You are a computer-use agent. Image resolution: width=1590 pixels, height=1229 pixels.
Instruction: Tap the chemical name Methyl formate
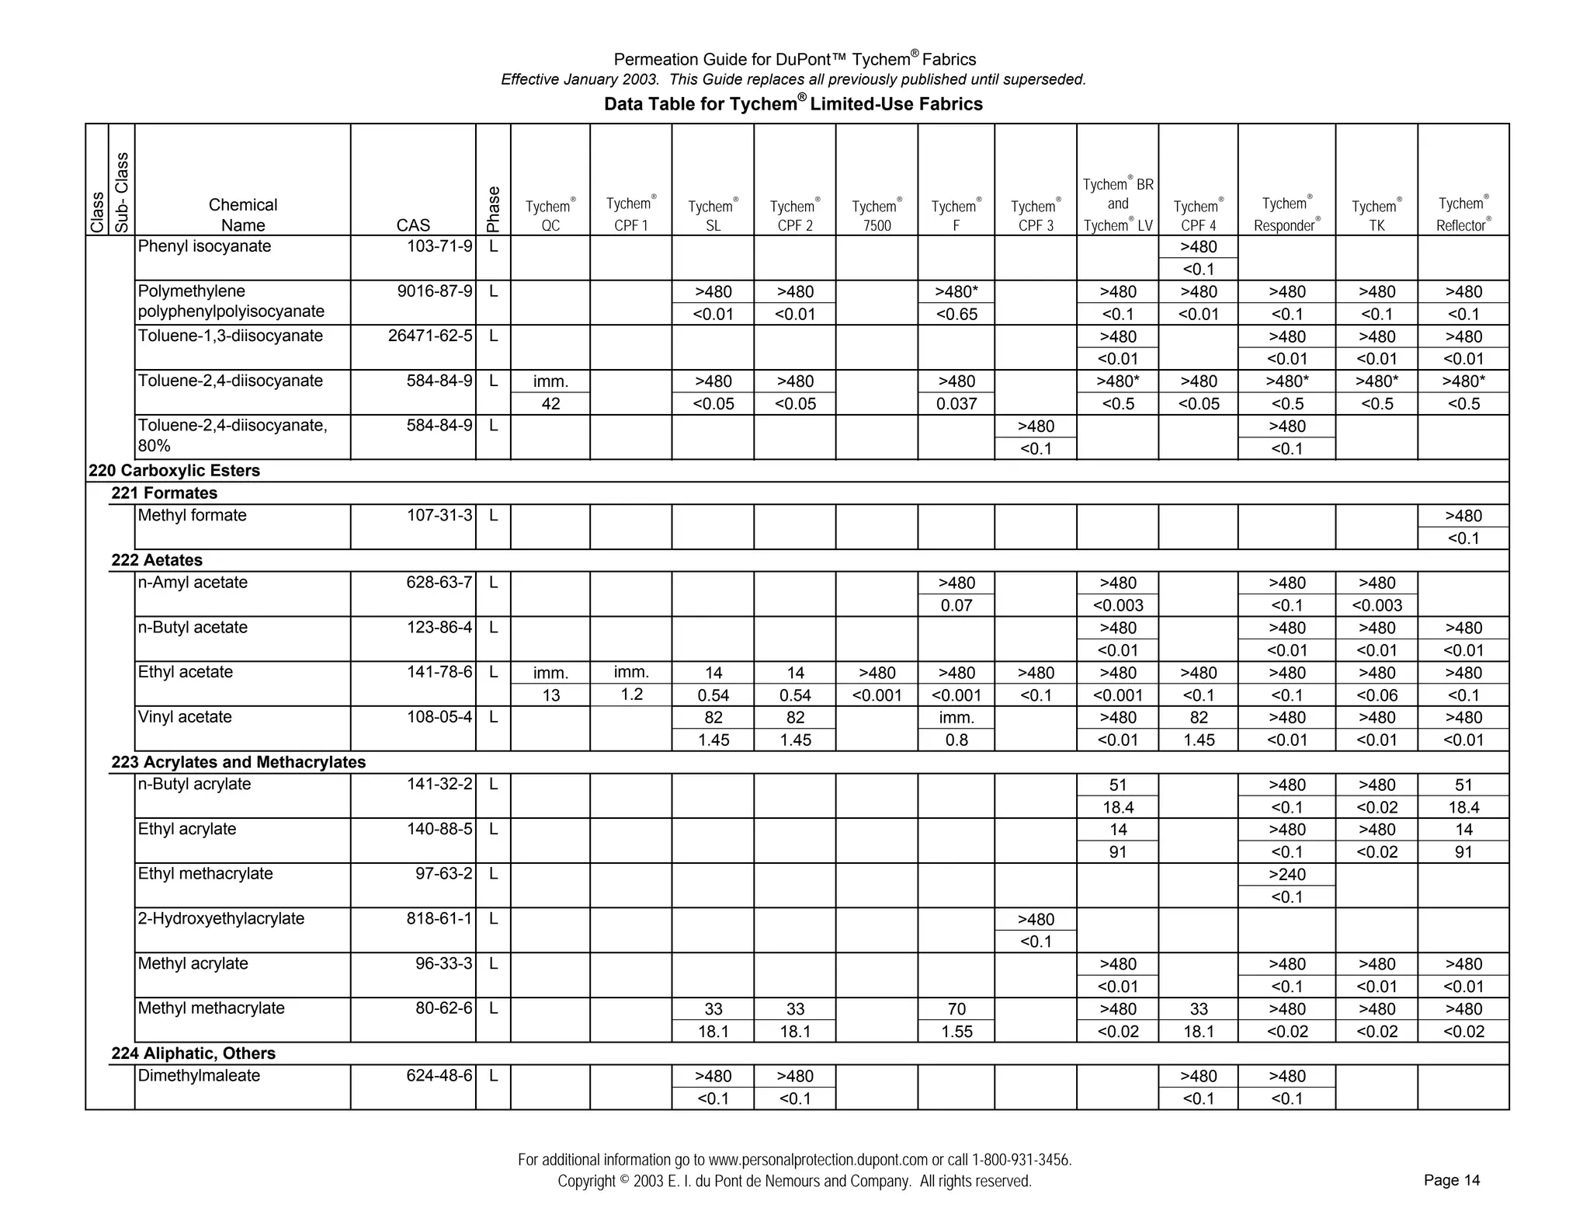pos(192,516)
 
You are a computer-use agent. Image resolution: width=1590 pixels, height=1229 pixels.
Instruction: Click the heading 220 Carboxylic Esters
pos(174,471)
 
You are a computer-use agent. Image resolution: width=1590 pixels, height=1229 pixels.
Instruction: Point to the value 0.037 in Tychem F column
pos(956,404)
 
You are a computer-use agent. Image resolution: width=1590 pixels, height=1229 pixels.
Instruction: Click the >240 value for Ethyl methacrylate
pos(1286,875)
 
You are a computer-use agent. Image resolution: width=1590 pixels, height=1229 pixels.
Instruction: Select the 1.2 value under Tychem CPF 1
pos(631,695)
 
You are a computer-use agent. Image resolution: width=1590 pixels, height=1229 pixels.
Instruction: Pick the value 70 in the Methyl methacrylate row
pos(956,1009)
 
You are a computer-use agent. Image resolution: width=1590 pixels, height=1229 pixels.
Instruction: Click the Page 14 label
pos(1451,1180)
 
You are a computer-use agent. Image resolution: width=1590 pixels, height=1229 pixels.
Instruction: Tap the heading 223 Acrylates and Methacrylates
pos(238,762)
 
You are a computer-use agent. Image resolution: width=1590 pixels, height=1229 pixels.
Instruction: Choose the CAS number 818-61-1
pos(439,919)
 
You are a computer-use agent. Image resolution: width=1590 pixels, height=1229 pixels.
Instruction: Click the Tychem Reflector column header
pos(1463,214)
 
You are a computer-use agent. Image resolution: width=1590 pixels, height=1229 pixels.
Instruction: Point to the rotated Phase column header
pos(493,209)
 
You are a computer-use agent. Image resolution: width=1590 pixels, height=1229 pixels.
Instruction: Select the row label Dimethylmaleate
pos(199,1076)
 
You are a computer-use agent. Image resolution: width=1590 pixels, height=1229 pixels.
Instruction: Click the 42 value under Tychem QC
pos(550,404)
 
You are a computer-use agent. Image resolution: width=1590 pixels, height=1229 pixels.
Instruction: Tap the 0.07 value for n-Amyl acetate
pos(956,605)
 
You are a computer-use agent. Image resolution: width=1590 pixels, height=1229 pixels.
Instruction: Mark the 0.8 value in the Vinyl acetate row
pos(956,740)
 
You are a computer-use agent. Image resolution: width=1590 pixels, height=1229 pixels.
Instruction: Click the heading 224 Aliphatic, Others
pos(193,1053)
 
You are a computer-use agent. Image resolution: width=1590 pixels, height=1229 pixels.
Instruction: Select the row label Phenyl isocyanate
pos(204,247)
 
